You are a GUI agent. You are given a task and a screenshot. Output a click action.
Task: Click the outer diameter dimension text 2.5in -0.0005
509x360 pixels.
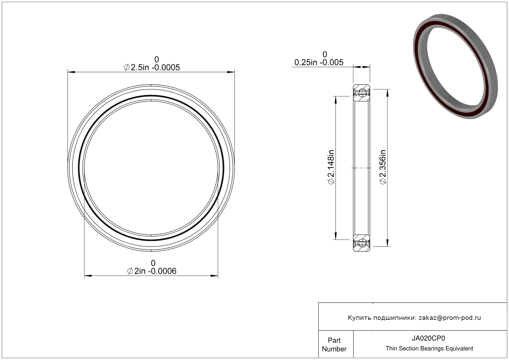point(156,67)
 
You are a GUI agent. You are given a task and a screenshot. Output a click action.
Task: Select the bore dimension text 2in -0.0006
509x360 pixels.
point(156,271)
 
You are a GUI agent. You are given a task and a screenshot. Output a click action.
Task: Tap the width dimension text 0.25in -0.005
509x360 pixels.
point(319,62)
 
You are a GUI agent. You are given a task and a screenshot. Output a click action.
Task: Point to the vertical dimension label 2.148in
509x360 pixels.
point(331,163)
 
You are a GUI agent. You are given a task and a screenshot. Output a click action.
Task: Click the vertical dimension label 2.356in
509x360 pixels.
point(383,163)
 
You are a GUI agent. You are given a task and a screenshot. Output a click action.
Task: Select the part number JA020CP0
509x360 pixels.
point(428,338)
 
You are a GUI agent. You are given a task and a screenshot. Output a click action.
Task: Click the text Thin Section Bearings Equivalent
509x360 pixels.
point(429,349)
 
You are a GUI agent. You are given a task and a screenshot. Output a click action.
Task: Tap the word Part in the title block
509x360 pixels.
point(334,340)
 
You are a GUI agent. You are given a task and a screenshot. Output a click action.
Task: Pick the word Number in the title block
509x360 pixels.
point(334,349)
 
